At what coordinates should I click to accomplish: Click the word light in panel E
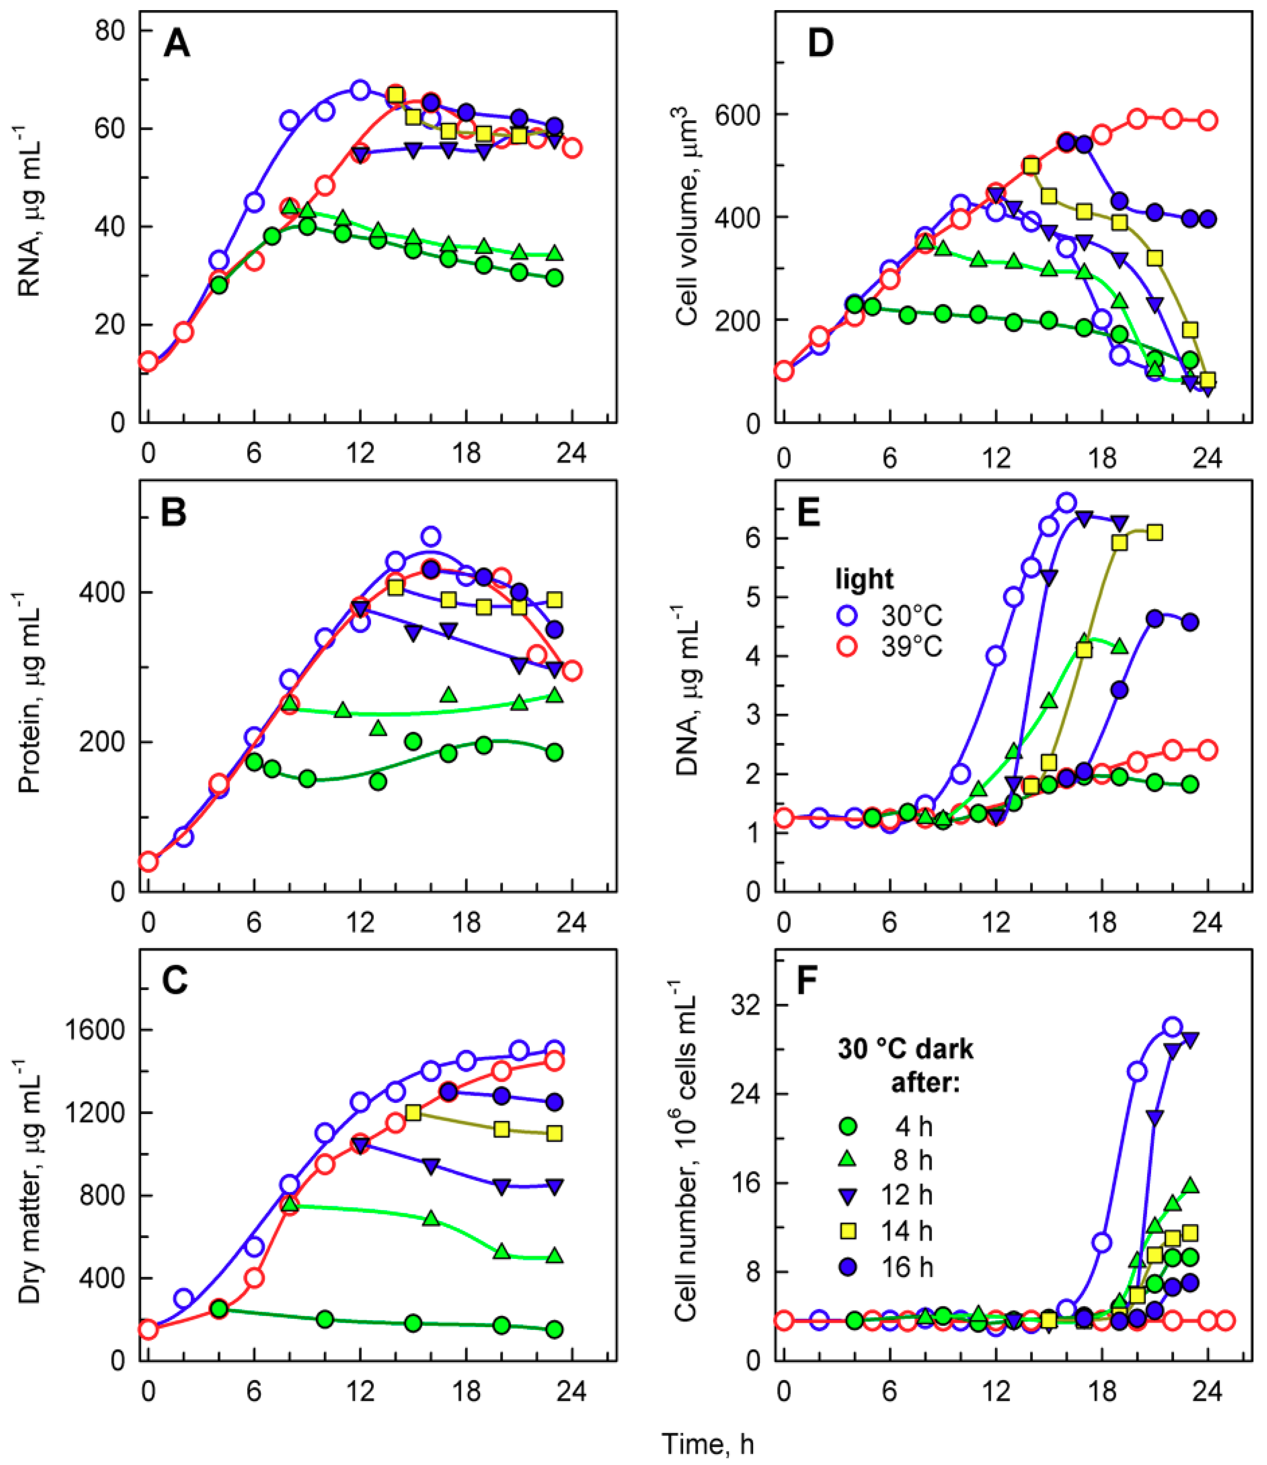pyautogui.click(x=864, y=580)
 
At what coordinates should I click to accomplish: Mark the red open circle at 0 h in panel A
pyautogui.click(x=148, y=362)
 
